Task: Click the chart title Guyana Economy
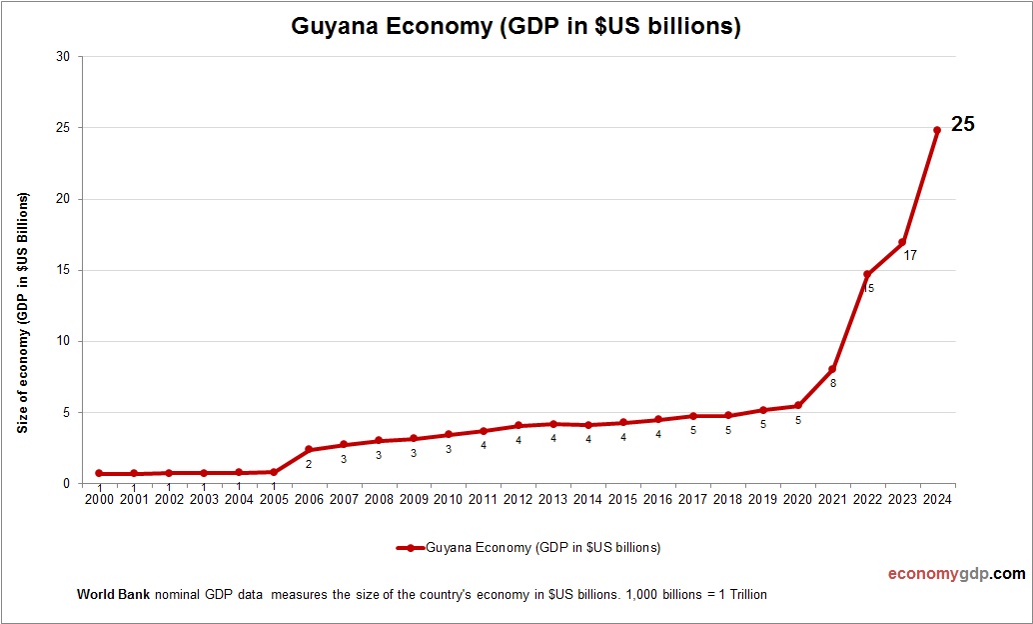(x=516, y=26)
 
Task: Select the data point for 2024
(x=936, y=130)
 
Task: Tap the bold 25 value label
(x=962, y=125)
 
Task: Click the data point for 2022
(x=867, y=274)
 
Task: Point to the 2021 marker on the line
(x=832, y=369)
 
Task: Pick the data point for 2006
(x=309, y=450)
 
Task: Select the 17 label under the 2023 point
(x=910, y=256)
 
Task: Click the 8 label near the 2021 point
(x=832, y=383)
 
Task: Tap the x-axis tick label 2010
(x=448, y=499)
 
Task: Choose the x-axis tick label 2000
(x=99, y=499)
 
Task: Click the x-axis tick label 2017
(x=692, y=499)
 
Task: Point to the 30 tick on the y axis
(x=63, y=57)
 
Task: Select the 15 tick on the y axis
(x=63, y=270)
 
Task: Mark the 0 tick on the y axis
(x=66, y=483)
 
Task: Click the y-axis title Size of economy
(x=22, y=312)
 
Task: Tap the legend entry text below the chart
(x=542, y=548)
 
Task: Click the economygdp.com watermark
(x=956, y=574)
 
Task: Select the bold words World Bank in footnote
(x=113, y=594)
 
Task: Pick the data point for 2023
(x=902, y=242)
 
